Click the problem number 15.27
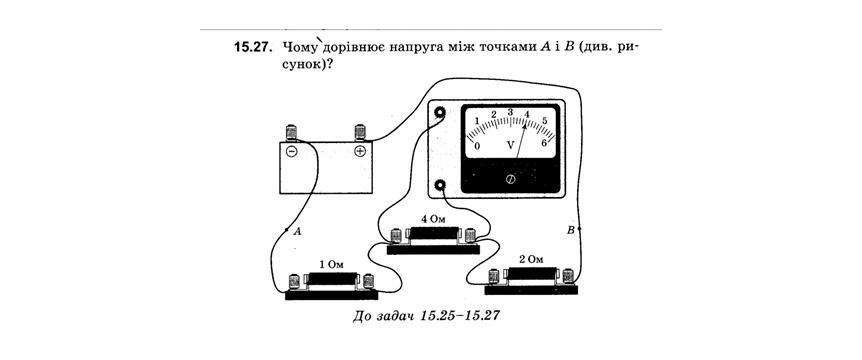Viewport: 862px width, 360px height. [253, 48]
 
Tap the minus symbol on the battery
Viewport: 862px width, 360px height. [291, 151]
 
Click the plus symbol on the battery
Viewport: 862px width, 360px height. [360, 151]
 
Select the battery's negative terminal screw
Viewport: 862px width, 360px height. [291, 132]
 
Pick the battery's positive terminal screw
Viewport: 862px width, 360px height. [360, 132]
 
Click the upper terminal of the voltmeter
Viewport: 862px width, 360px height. [440, 113]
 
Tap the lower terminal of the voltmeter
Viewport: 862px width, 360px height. [440, 186]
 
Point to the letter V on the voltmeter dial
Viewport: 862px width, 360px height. [511, 145]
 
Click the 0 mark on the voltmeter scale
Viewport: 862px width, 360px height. [477, 146]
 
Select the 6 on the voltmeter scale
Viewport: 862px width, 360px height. [544, 143]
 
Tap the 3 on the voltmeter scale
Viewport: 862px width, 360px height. [510, 112]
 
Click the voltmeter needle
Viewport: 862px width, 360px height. [521, 141]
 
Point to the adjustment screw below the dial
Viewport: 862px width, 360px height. [510, 179]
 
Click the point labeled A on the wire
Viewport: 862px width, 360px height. [287, 229]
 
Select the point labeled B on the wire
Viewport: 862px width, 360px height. [579, 228]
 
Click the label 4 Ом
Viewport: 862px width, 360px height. [433, 219]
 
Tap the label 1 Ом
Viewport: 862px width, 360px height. [331, 264]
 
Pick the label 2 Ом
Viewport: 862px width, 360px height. [531, 258]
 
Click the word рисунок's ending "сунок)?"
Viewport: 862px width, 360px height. [310, 64]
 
